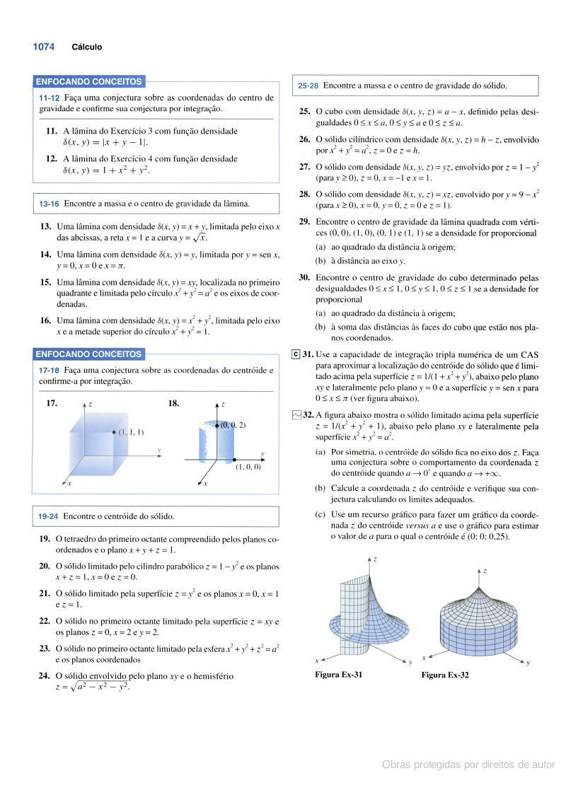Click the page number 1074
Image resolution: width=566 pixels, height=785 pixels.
[x=43, y=47]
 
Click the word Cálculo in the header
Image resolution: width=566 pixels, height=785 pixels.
[x=86, y=47]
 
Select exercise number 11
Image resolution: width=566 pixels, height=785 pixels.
[x=51, y=131]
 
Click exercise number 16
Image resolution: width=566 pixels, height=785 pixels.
[x=45, y=320]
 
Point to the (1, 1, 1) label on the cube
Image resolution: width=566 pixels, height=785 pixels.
[x=131, y=431]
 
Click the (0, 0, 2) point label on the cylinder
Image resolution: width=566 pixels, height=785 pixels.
[x=233, y=425]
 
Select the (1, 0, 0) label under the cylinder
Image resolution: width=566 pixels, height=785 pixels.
[x=248, y=467]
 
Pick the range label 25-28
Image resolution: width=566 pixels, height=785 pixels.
[x=308, y=86]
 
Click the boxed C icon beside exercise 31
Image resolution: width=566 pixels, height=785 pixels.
[x=296, y=354]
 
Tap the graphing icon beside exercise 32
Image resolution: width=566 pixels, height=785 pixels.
[x=296, y=415]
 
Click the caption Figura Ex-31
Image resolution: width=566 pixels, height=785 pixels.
[x=339, y=675]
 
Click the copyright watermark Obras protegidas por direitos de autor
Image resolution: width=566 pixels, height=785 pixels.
[x=468, y=764]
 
